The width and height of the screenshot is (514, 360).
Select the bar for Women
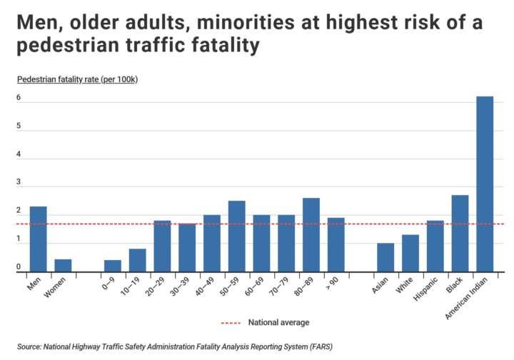(x=63, y=265)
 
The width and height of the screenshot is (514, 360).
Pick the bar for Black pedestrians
(x=460, y=233)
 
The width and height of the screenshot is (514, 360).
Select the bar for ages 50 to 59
(x=236, y=236)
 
